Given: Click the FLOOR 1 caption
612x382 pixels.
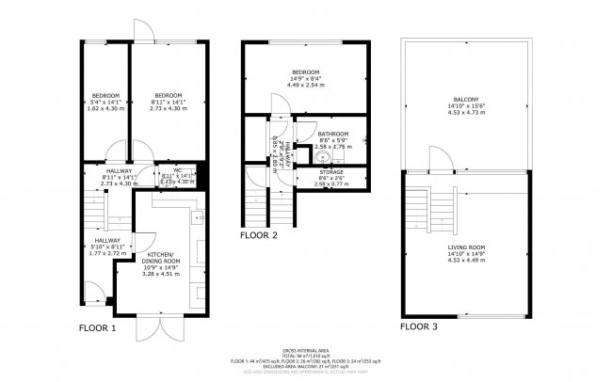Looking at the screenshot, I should pyautogui.click(x=97, y=328).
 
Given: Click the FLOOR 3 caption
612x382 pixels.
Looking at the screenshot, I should pyautogui.click(x=419, y=326).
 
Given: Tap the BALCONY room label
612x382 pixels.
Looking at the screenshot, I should pyautogui.click(x=465, y=99).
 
